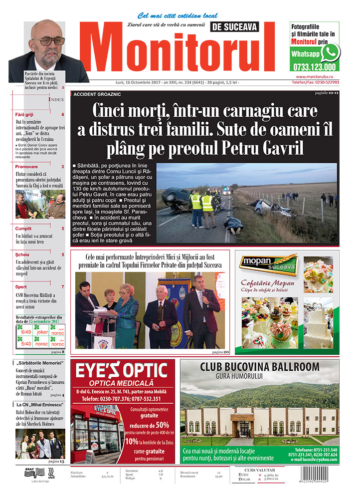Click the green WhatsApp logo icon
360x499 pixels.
(x=330, y=52)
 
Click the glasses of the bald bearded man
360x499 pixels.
(x=48, y=41)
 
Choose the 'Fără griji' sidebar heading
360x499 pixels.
(x=24, y=114)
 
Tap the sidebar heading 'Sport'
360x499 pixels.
(x=21, y=287)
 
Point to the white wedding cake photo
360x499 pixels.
(x=319, y=323)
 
